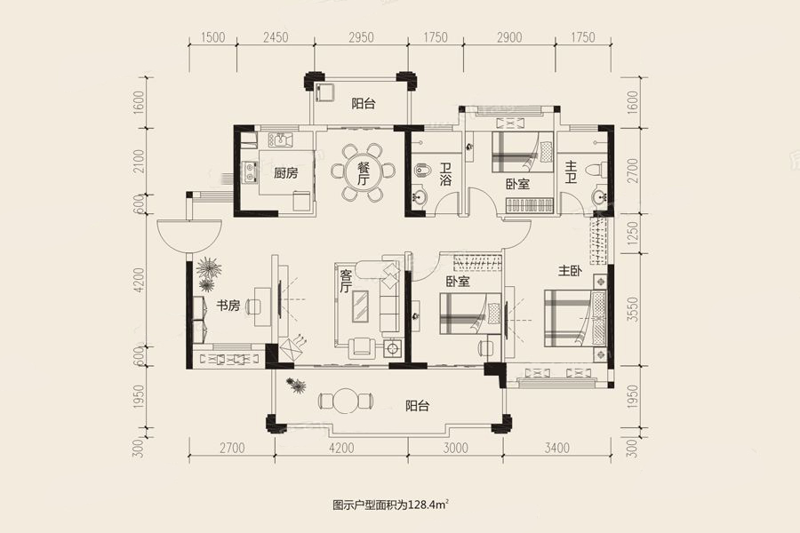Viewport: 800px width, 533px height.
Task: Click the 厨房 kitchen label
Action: coord(285,173)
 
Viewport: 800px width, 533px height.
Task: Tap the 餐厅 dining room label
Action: coord(363,173)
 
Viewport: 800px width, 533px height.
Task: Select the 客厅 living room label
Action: coord(346,281)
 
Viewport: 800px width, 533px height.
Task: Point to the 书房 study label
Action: coord(228,306)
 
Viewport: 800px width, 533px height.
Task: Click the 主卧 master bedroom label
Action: coord(570,270)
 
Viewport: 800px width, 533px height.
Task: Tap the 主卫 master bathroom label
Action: coord(571,171)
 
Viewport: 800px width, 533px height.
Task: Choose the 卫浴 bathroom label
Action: coord(445,173)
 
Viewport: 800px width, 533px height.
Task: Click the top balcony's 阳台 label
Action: coord(364,104)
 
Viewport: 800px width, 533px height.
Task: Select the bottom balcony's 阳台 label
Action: coord(418,406)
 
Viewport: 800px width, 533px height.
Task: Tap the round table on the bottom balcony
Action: coord(346,401)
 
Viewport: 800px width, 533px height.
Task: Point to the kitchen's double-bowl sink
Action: coord(280,139)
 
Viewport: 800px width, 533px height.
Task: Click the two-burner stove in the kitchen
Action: coord(250,171)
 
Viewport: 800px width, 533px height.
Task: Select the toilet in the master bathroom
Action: coord(596,169)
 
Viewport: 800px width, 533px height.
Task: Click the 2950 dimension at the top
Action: coord(361,37)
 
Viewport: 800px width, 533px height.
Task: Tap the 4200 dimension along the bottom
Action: coord(341,449)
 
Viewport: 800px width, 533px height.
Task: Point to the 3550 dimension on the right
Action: coord(633,309)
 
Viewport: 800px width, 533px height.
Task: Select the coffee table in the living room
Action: coord(361,306)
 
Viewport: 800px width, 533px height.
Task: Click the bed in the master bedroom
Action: coord(575,318)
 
